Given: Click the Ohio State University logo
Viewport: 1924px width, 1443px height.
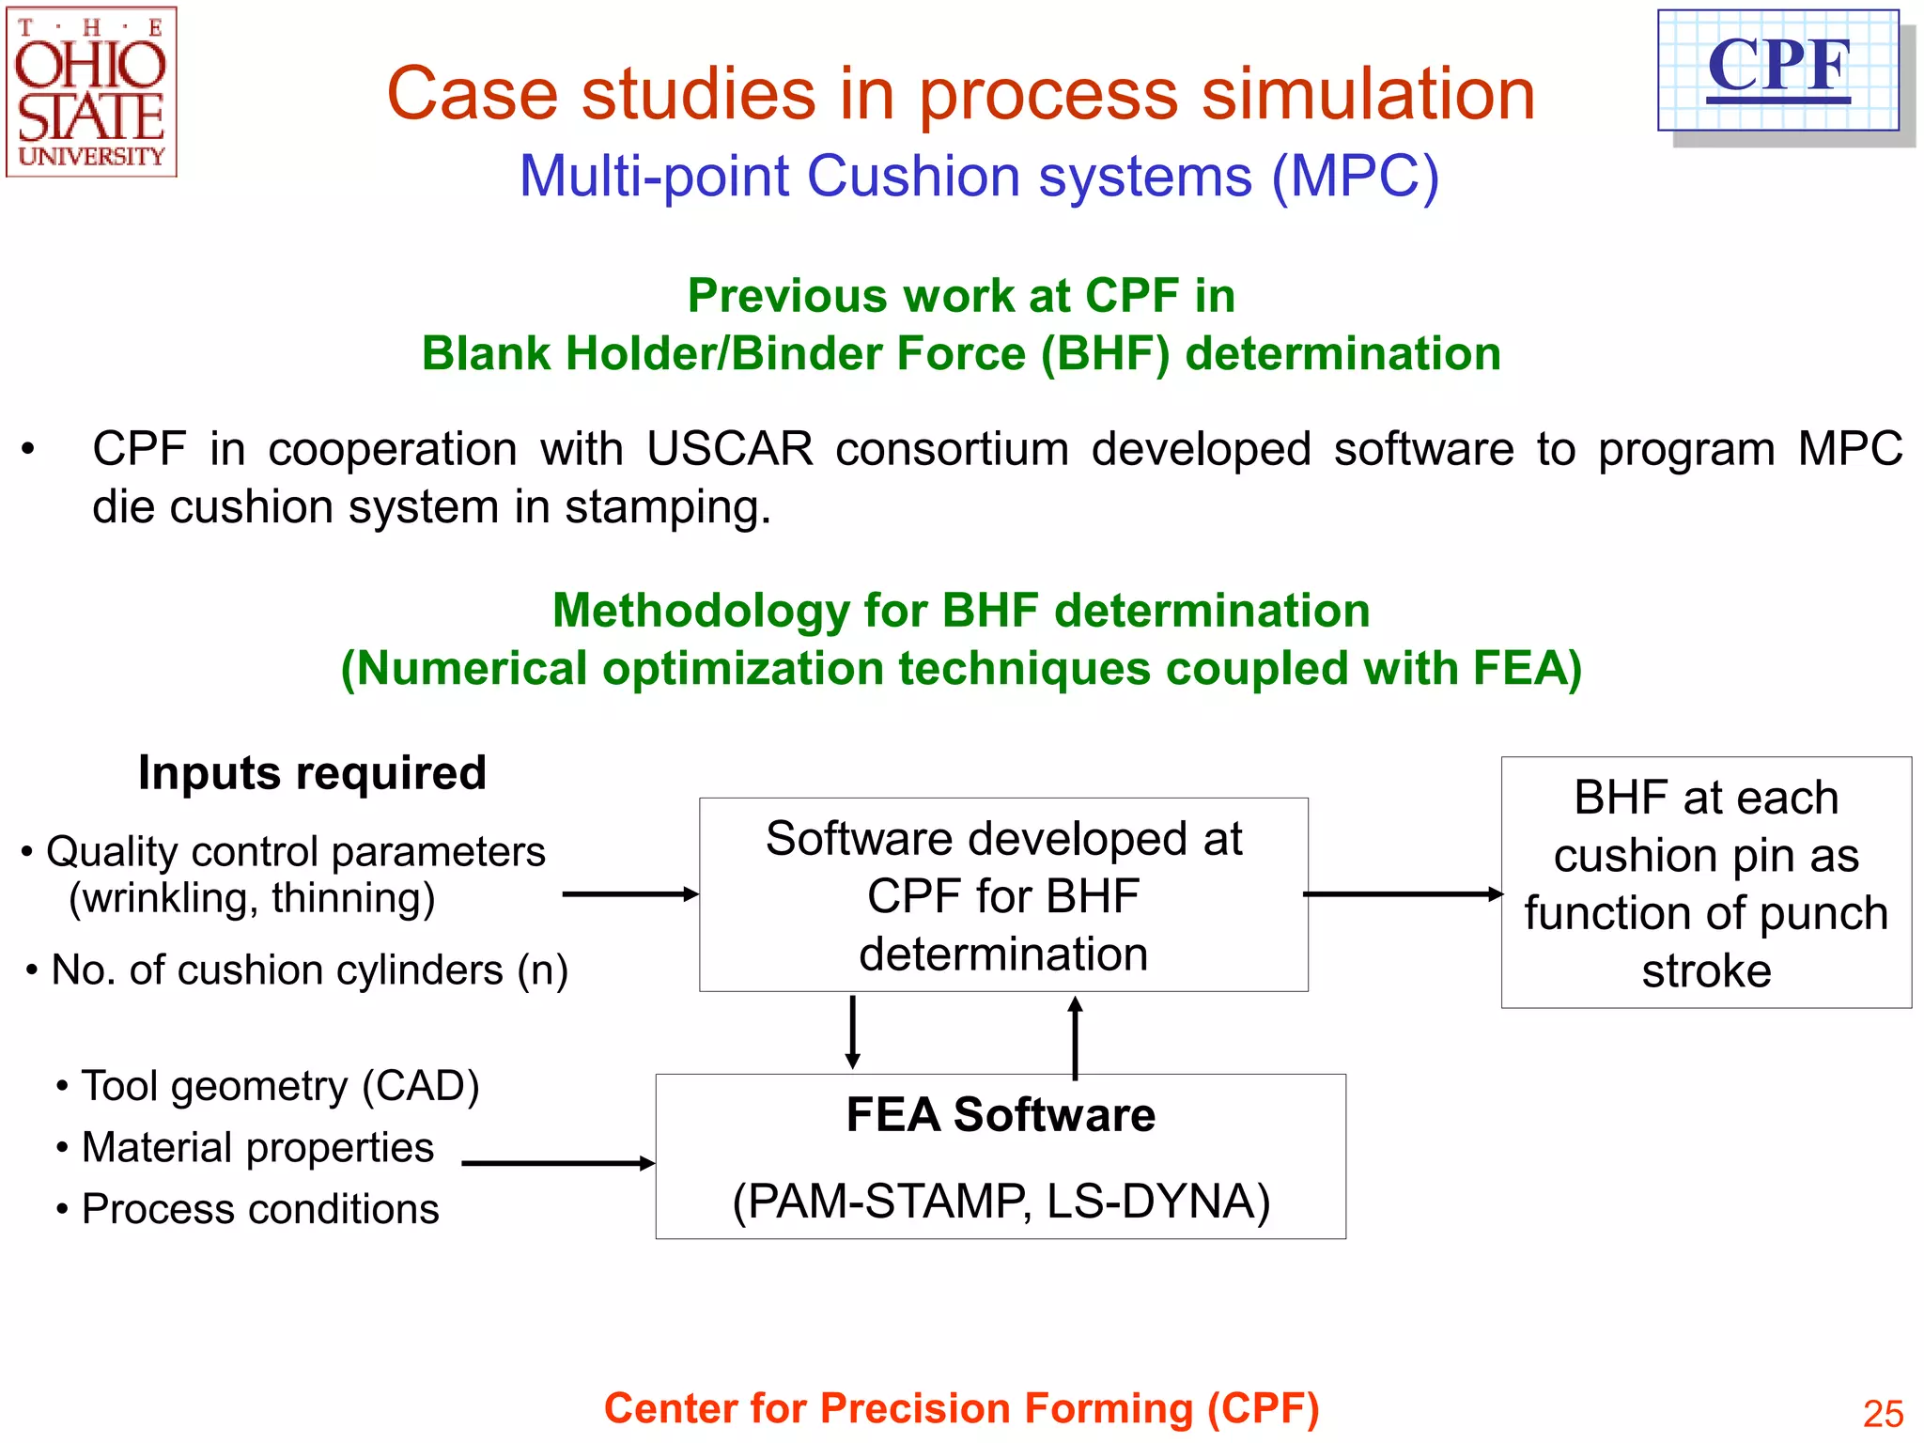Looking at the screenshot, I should click(91, 92).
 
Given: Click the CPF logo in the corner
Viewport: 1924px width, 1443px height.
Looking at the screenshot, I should click(1778, 70).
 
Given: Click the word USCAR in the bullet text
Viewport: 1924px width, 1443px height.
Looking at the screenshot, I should click(729, 449).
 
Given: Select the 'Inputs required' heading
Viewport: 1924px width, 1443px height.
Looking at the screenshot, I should click(312, 773).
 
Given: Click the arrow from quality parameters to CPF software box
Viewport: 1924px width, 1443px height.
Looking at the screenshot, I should click(629, 894).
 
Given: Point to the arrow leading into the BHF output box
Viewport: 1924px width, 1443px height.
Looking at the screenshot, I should click(1403, 894).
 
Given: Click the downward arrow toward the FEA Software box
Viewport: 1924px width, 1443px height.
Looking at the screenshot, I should click(852, 1032).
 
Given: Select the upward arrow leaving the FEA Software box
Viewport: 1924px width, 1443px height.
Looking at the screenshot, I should click(1076, 1036).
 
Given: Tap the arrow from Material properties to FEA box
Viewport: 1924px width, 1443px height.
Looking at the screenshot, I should click(557, 1163).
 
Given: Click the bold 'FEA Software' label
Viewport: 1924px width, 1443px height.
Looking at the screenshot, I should click(1001, 1115).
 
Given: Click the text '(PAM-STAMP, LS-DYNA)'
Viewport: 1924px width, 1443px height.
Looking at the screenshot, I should click(1001, 1201).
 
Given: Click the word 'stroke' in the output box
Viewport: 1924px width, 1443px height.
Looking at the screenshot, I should click(1706, 970).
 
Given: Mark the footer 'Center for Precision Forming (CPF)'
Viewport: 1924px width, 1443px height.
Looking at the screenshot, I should click(961, 1408).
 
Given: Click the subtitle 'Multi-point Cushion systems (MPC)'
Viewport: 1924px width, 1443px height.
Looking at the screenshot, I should click(979, 176).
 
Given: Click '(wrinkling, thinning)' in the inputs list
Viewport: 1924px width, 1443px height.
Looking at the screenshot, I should click(252, 898).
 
